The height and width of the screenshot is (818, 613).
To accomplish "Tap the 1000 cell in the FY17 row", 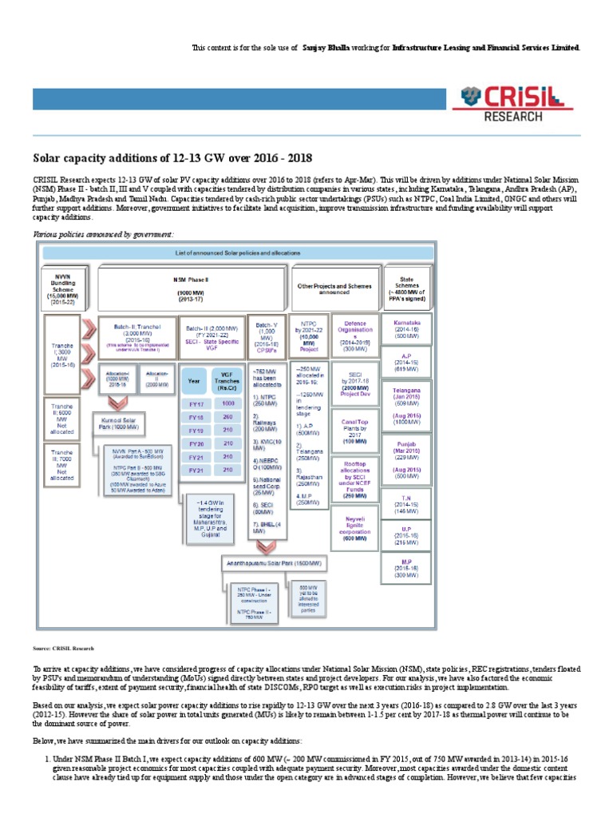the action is coord(227,403).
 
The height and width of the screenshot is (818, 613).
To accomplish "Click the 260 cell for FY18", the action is coord(227,416).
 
